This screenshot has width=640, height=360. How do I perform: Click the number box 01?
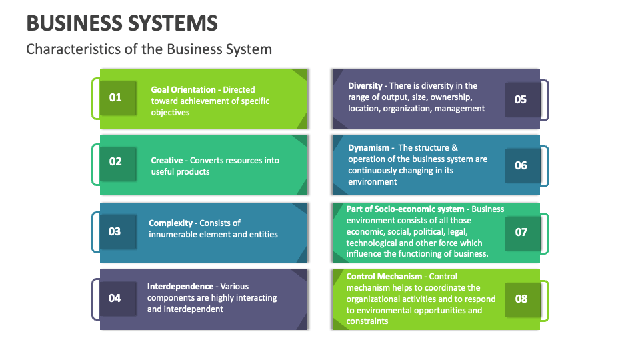point(115,98)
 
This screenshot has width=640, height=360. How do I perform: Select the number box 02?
point(115,161)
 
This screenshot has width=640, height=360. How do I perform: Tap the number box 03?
point(115,231)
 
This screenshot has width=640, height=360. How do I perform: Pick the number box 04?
point(115,298)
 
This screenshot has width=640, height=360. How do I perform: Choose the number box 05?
point(521,99)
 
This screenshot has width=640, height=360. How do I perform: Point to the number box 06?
point(521,165)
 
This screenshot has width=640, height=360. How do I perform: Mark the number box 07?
point(521,232)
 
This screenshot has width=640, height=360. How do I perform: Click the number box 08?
point(521,299)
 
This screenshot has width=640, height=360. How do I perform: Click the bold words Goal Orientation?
point(183,89)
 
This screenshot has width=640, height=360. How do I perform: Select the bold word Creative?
point(167,160)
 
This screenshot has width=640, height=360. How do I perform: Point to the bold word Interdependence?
point(181,286)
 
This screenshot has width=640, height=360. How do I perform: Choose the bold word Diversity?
point(365,85)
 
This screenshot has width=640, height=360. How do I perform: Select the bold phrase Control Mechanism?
point(384,276)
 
